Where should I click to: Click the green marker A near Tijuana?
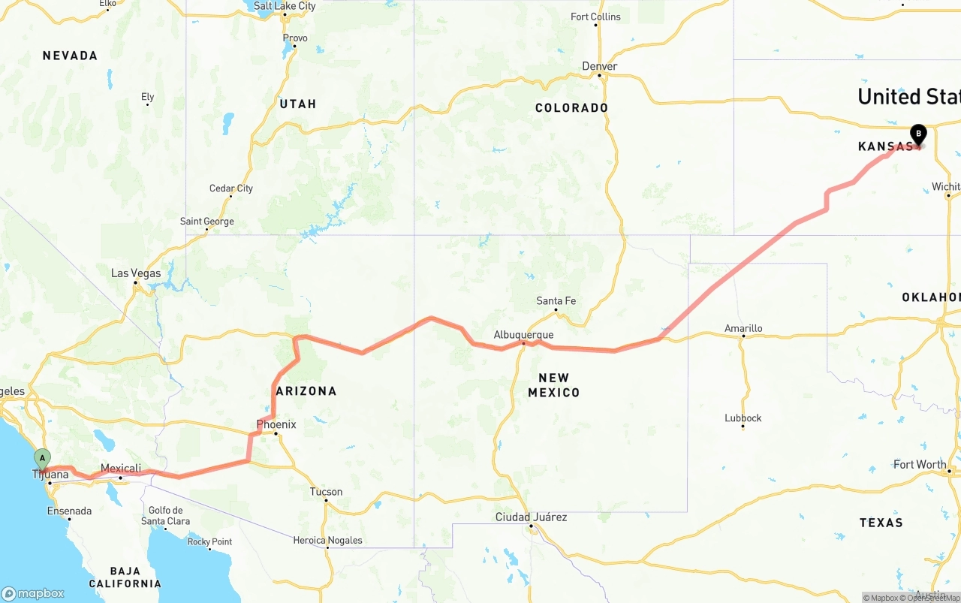click(43, 457)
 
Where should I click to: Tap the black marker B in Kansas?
click(917, 134)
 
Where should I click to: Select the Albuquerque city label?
click(523, 335)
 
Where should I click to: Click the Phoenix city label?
click(276, 424)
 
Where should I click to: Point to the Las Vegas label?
click(136, 273)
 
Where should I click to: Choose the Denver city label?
click(600, 66)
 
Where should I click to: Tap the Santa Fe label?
click(556, 301)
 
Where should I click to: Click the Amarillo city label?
click(743, 328)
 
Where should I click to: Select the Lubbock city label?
click(743, 418)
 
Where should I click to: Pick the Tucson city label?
click(326, 493)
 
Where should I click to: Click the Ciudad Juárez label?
click(531, 517)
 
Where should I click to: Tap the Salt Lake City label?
click(285, 6)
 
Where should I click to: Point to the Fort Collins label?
click(595, 17)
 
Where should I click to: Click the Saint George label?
click(207, 222)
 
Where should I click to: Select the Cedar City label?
click(231, 188)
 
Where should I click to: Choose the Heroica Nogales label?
click(327, 541)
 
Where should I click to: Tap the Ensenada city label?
click(69, 511)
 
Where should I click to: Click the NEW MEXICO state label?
click(553, 385)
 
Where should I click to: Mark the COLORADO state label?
click(571, 108)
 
